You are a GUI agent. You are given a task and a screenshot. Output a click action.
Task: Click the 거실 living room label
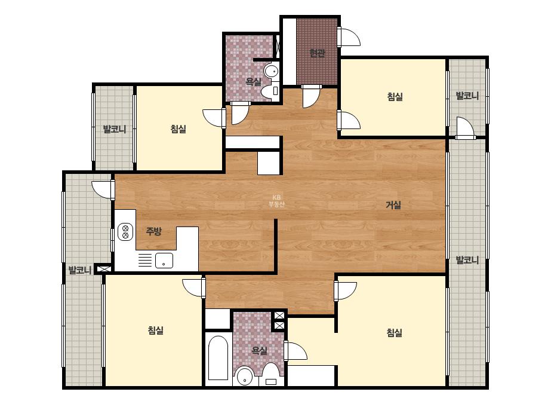(393, 204)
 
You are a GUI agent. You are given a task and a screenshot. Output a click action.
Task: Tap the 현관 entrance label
(317, 53)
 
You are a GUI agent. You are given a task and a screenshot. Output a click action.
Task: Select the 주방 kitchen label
(153, 231)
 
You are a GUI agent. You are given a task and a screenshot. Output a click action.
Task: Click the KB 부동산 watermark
(276, 201)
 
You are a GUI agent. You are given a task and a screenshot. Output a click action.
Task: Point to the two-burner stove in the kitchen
(125, 232)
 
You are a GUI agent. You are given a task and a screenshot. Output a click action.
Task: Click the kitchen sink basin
(164, 261)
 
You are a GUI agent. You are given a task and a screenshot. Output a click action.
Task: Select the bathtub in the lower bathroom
(218, 358)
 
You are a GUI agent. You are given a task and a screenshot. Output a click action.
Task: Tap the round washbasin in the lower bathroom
(245, 377)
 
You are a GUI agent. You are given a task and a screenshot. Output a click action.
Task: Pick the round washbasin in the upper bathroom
(271, 72)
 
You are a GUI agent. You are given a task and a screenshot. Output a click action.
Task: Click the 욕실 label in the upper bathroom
(253, 82)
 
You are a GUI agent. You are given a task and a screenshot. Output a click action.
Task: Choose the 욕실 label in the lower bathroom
(259, 350)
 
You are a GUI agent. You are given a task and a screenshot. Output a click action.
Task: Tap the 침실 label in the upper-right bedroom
(395, 96)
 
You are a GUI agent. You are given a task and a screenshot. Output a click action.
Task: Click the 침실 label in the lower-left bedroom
(156, 330)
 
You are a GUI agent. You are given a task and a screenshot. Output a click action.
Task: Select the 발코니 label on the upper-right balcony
(467, 96)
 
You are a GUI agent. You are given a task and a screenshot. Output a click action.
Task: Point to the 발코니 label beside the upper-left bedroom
(114, 129)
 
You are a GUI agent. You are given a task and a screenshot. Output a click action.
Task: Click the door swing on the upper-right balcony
(465, 127)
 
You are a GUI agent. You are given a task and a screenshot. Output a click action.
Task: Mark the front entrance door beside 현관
(349, 36)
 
